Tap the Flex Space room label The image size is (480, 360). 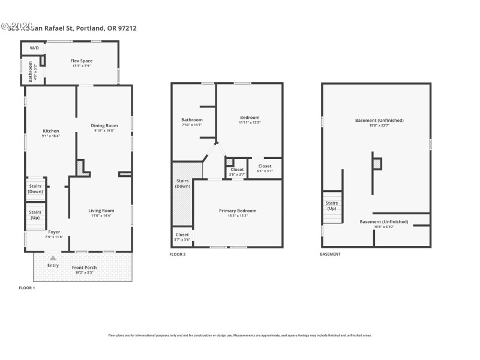pos(82,61)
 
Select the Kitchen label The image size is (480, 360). pos(50,131)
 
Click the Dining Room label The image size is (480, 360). pos(104,125)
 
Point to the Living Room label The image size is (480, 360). pos(101,211)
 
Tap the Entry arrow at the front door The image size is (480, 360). pos(53,258)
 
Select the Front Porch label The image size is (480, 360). pos(84,268)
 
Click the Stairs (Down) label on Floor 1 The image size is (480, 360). pos(35,188)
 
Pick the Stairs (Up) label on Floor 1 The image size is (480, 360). pos(35,214)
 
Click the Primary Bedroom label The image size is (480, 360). pos(238,211)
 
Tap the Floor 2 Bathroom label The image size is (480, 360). pos(192,119)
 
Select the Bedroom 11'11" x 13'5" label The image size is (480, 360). pos(250,117)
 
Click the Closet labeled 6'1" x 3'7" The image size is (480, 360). pos(265,166)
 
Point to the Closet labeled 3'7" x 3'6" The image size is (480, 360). pos(182,235)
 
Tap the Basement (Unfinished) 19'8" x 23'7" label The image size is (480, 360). pos(379,120)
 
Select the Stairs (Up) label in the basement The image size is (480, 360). pos(332,205)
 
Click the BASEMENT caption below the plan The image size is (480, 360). pos(330,254)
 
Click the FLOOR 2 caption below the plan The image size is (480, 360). pos(178,254)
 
